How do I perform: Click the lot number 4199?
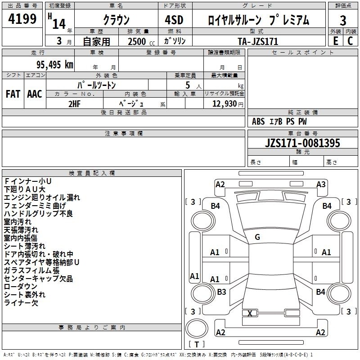click(x=22, y=19)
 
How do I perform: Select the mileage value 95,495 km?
click(x=55, y=64)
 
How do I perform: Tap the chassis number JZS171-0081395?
click(x=302, y=143)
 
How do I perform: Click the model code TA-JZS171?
click(x=258, y=41)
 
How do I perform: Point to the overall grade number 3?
click(x=343, y=21)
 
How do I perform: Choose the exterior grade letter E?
click(x=335, y=41)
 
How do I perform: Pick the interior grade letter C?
click(x=350, y=41)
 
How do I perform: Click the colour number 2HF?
click(x=74, y=104)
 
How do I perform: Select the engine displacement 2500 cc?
click(x=141, y=41)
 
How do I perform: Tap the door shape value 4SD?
click(x=174, y=20)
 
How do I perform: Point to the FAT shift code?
click(x=13, y=94)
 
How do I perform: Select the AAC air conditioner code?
click(x=35, y=94)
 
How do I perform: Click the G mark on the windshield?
click(x=257, y=237)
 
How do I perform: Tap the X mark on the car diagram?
click(x=250, y=313)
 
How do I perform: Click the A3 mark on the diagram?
click(x=321, y=184)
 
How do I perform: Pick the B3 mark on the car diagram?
click(x=221, y=292)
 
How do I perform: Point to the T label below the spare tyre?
click(x=197, y=344)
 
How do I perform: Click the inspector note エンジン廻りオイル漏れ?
click(x=42, y=198)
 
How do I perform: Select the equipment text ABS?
click(x=258, y=121)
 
